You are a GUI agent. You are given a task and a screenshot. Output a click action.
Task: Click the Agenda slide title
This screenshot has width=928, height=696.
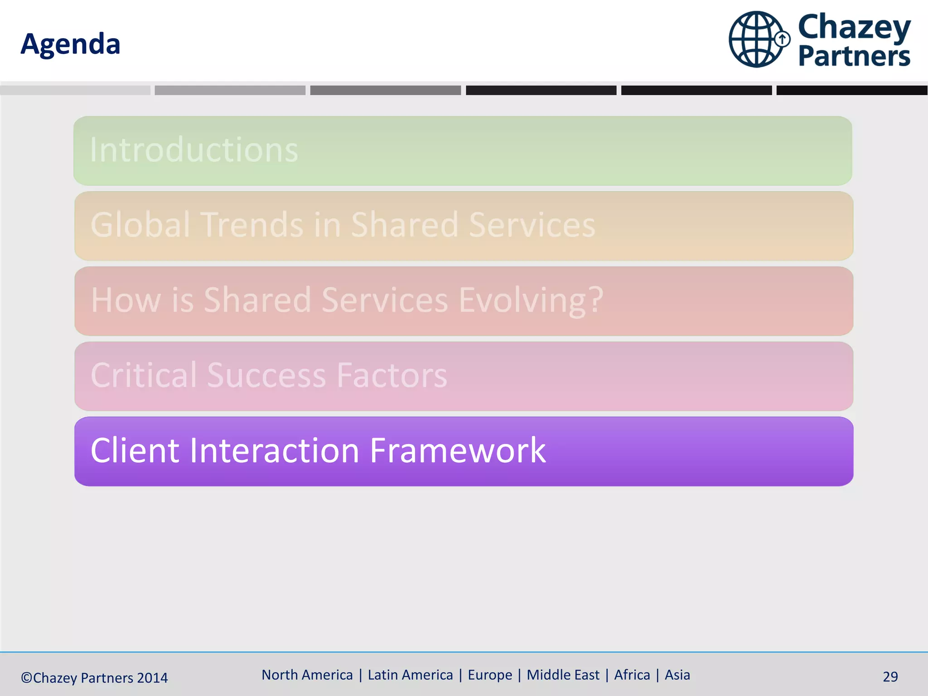70,44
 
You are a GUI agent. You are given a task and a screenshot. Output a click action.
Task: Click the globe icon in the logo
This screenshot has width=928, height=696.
756,39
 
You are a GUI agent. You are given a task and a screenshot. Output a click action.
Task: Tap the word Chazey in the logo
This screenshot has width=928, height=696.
854,27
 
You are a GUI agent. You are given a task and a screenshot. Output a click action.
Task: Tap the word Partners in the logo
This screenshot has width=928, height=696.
854,56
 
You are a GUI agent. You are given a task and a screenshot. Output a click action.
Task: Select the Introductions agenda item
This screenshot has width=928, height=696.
194,150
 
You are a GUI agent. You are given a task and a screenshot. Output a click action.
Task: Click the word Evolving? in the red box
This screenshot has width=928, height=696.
531,300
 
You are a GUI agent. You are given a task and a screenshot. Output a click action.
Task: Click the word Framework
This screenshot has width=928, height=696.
458,450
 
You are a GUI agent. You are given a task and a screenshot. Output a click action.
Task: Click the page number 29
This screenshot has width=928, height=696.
890,677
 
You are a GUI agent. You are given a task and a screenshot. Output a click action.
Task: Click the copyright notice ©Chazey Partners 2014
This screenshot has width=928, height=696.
94,678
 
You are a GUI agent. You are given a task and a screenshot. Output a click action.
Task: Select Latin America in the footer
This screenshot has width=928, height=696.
410,675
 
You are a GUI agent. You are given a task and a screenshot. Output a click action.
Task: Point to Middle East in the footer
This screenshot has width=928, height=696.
563,675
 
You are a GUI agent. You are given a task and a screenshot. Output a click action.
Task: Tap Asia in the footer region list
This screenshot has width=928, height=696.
677,675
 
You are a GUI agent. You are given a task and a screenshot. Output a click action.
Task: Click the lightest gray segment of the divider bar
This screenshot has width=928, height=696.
75,90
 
